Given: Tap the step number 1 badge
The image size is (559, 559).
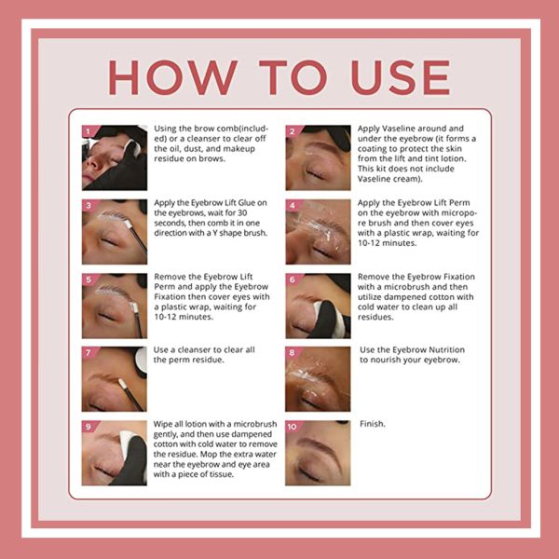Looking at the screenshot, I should (89, 132).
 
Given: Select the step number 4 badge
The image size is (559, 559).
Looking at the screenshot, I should (292, 205).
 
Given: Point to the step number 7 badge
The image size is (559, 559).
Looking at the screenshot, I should (89, 353).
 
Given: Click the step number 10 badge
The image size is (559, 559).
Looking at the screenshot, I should (293, 427).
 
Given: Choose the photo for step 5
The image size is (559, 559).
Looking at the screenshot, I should (114, 306).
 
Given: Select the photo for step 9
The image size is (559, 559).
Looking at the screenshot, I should (114, 452).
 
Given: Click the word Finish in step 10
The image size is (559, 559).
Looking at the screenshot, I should (373, 424).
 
